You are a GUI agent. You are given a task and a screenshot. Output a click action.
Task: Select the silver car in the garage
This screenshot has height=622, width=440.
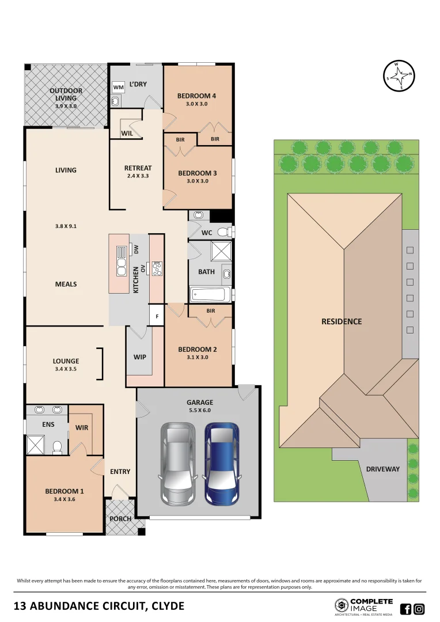[178, 464]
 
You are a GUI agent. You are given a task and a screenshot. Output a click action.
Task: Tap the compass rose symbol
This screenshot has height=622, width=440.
[400, 75]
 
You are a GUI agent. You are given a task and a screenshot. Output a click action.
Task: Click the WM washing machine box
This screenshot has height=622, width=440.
[118, 87]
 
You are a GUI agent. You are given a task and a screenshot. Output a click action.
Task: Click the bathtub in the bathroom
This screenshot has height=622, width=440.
[210, 295]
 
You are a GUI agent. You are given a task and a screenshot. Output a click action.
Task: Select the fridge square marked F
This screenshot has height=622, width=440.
[157, 316]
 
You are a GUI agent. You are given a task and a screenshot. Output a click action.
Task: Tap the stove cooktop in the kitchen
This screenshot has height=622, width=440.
[157, 268]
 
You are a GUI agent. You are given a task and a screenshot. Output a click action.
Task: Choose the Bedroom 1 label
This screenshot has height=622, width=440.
[65, 491]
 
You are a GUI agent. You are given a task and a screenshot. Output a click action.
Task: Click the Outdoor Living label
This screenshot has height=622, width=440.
[66, 94]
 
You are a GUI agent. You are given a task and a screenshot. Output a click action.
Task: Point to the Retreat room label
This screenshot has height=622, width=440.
[138, 168]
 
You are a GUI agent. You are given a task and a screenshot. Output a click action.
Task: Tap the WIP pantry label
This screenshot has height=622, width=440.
[139, 357]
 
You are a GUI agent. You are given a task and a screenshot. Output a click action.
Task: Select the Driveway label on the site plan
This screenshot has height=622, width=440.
[382, 469]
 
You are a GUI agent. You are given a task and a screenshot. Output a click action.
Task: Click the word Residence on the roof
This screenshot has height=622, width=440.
[342, 321]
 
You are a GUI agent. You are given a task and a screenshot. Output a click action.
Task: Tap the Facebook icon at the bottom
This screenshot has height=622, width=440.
[405, 609]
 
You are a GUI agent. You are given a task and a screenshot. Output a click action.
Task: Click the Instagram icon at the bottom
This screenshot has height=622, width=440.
[419, 609]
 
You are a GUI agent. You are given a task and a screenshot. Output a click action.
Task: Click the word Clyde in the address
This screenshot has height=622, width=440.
[164, 606]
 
